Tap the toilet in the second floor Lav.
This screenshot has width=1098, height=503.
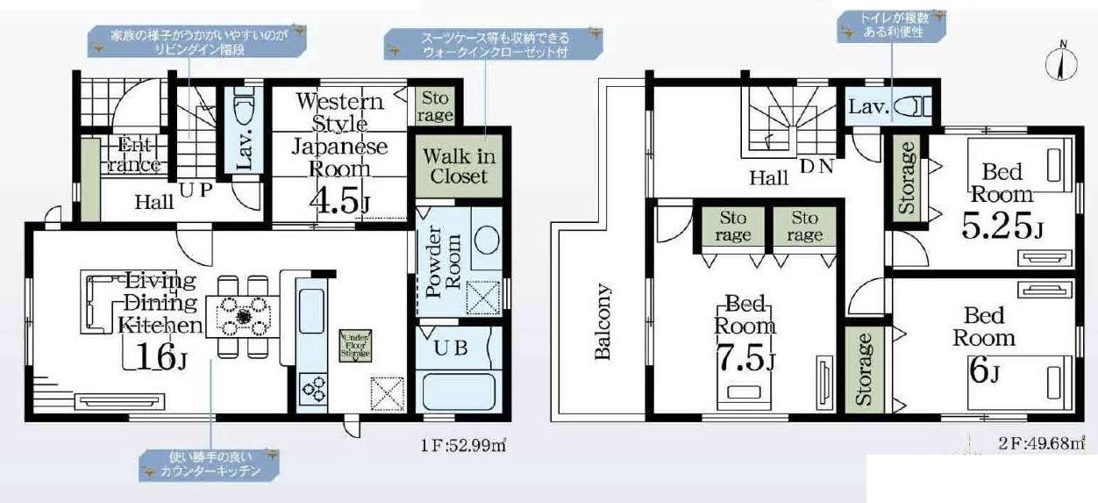(918, 107)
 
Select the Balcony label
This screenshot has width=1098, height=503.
(602, 321)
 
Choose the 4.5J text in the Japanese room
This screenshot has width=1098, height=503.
(339, 201)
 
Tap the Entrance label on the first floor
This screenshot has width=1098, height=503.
(137, 155)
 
